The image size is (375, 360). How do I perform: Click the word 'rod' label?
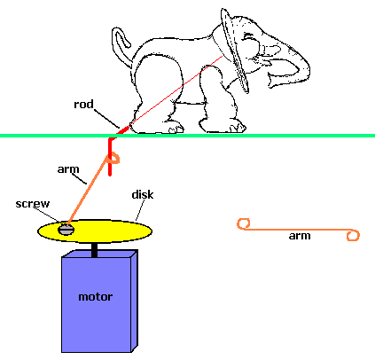tap(83, 104)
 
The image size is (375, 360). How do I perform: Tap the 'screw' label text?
tap(33, 204)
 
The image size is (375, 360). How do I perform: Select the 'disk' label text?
tap(143, 194)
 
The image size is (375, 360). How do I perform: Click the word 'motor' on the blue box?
tap(96, 296)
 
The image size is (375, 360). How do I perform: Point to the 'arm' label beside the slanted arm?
tap(68, 169)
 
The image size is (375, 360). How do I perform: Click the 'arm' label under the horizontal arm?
tap(300, 236)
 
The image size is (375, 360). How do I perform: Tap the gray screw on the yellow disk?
tap(66, 230)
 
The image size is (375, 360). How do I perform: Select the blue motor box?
tap(99, 301)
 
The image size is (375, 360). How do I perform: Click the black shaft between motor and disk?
tap(94, 250)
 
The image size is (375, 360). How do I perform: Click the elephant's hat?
tap(234, 51)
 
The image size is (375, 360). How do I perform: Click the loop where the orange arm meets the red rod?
tap(113, 158)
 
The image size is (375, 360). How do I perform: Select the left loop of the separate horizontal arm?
tap(244, 223)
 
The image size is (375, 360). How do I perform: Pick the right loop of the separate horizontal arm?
tap(353, 236)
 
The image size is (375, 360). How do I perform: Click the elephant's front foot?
tap(223, 126)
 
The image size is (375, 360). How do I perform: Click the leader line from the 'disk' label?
tap(140, 210)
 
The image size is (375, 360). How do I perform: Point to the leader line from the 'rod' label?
tap(107, 118)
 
